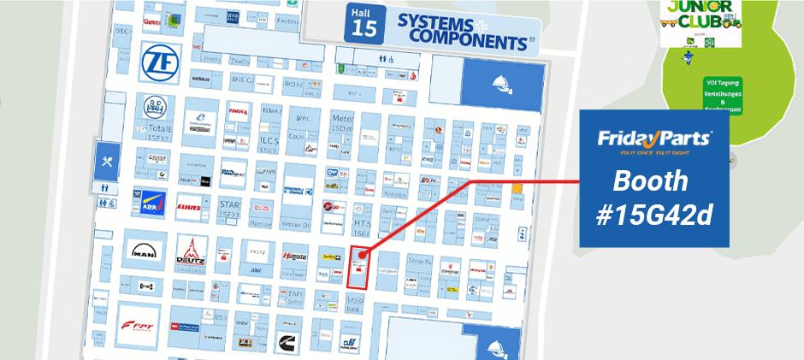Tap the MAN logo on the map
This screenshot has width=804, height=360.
143,251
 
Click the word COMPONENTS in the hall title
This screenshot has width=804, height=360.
466,38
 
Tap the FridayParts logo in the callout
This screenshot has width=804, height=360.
654,139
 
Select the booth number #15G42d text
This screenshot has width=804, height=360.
654,215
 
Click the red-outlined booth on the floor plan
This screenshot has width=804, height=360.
359,267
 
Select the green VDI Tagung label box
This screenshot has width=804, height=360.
722,95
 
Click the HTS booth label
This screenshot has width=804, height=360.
362,224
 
